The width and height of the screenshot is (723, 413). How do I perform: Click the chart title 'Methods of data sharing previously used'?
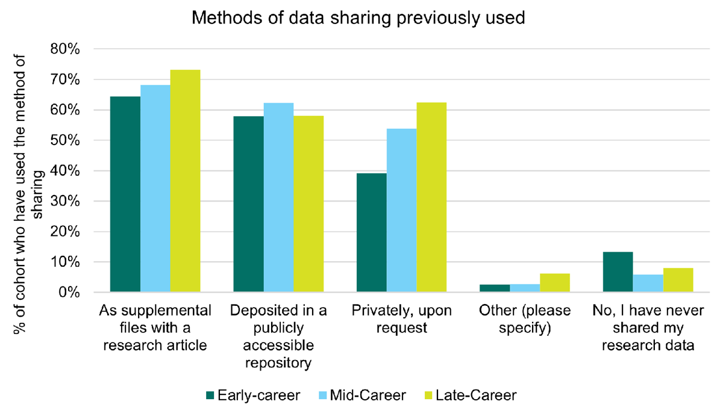point(358,19)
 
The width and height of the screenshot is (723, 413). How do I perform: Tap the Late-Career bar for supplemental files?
point(186,181)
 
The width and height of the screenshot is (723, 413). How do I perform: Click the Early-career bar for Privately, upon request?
point(372,233)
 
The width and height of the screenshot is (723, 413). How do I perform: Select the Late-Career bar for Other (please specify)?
point(555,283)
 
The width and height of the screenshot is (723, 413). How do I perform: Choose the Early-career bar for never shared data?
point(618,272)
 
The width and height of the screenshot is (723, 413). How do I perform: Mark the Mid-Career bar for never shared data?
point(648,284)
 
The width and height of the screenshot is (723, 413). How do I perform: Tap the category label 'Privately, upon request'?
point(401,320)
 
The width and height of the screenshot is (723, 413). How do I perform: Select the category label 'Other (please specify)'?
point(525,320)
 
